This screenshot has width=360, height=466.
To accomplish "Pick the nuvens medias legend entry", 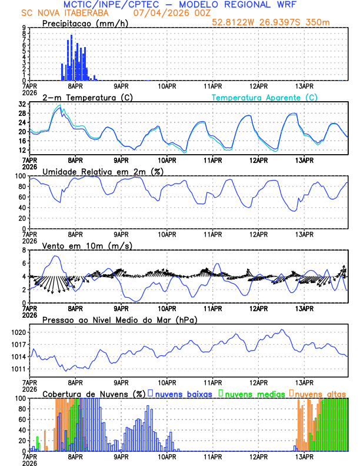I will pyautogui.click(x=252, y=393).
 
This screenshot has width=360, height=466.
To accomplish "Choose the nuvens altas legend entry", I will pyautogui.click(x=321, y=393).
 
